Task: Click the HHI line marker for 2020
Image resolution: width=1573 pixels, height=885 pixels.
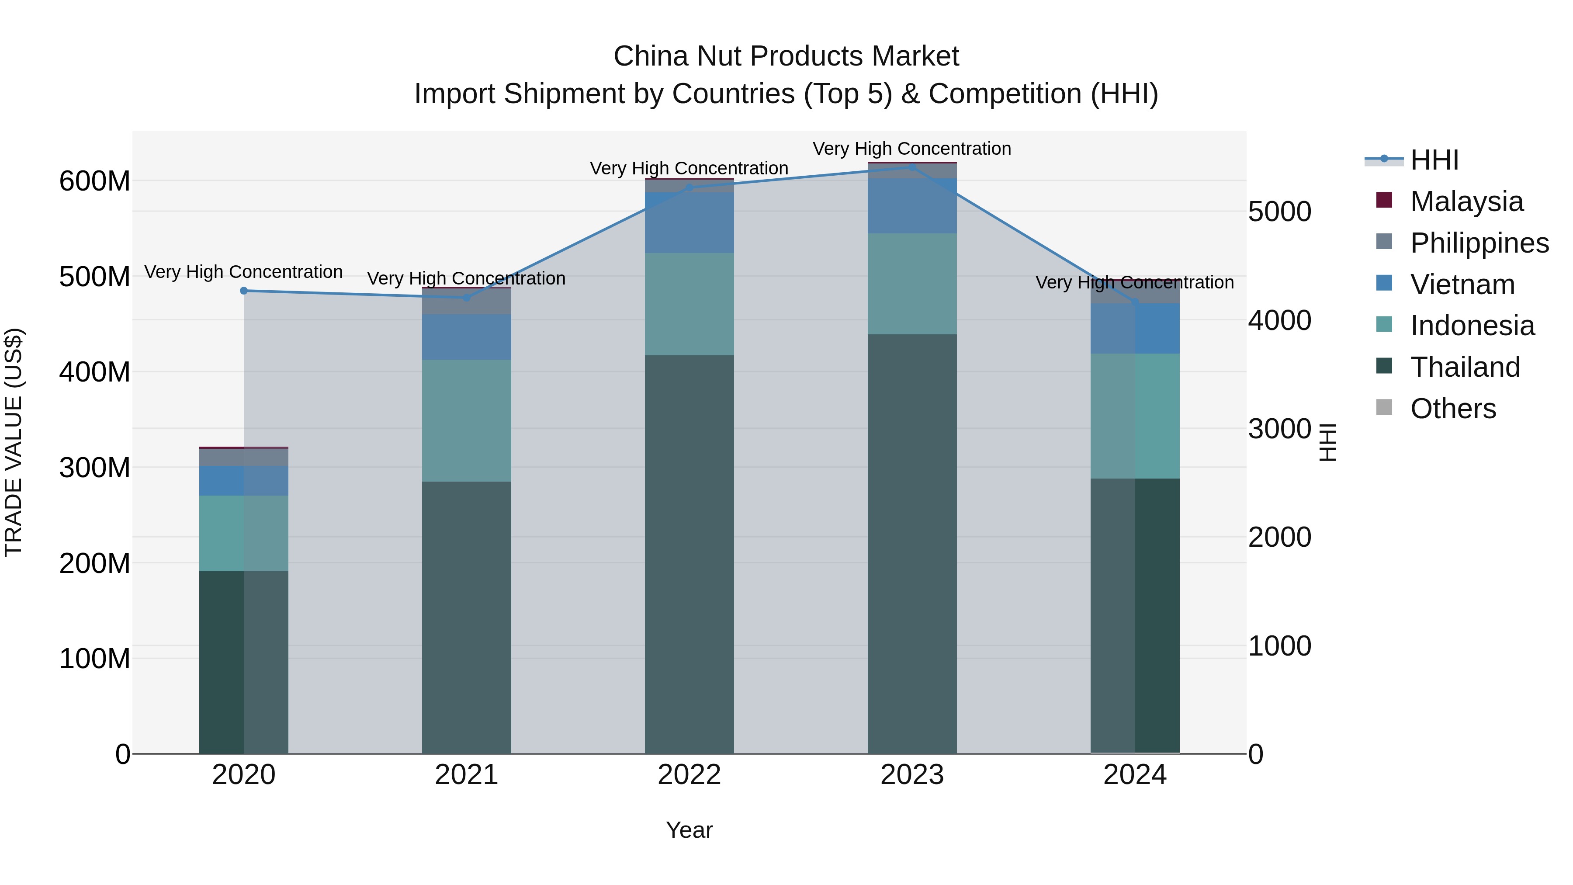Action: click(x=244, y=291)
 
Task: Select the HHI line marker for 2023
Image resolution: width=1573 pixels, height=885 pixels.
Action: click(x=912, y=167)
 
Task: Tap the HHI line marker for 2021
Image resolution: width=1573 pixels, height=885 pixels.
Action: click(x=467, y=298)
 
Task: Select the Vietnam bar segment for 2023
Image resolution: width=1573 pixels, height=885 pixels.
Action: click(x=912, y=206)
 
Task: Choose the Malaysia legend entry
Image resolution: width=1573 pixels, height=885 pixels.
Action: click(x=1466, y=201)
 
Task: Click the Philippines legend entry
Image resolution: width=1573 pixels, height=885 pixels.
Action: click(x=1478, y=243)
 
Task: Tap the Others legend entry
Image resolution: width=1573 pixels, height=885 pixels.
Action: click(x=1452, y=409)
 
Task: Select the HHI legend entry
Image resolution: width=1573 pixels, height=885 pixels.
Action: click(x=1434, y=160)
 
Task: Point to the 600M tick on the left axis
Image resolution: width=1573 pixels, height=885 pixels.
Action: click(x=95, y=181)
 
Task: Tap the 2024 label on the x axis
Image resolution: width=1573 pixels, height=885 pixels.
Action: click(x=1135, y=775)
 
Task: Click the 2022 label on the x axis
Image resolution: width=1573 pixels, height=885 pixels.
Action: click(x=689, y=775)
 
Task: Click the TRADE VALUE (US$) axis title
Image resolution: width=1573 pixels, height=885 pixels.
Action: click(x=14, y=442)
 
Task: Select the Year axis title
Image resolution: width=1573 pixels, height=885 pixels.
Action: click(x=689, y=830)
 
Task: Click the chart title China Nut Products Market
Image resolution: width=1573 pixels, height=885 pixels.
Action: click(x=786, y=56)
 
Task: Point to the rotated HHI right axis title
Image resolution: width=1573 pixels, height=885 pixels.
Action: click(x=1327, y=442)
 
